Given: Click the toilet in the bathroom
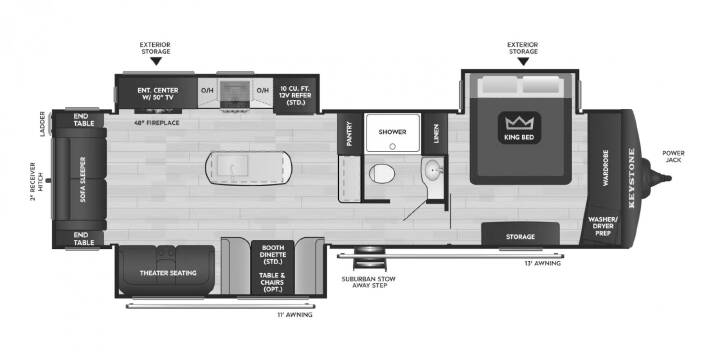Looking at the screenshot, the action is (x=382, y=174).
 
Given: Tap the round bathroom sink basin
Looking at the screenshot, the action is (x=434, y=171).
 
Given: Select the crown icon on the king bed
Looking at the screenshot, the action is (x=519, y=123).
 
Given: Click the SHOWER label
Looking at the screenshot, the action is (x=392, y=132).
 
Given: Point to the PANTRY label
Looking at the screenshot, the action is (x=349, y=134).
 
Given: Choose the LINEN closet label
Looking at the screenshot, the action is (x=435, y=133).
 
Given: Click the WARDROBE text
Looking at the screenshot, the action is (x=605, y=168).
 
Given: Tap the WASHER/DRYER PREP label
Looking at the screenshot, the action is (x=603, y=226).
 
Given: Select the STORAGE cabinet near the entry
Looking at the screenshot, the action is (x=520, y=234).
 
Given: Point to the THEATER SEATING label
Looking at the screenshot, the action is (x=168, y=273).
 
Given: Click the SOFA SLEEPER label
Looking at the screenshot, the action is (x=83, y=179).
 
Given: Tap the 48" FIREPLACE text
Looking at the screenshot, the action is (x=157, y=123).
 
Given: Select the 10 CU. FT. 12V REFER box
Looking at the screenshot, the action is (x=295, y=95).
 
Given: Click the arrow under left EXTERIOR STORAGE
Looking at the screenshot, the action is (x=156, y=61).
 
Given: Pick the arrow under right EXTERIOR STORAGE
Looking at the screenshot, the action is (x=523, y=61).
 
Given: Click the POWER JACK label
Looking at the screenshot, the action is (x=673, y=157).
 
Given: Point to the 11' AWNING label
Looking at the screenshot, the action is (x=294, y=315).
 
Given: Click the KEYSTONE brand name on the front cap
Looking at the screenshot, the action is (x=631, y=178).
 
